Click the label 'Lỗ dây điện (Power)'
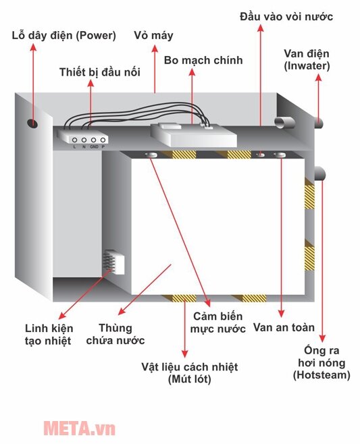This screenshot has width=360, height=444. (x=64, y=35)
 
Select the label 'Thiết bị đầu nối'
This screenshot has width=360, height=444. (x=99, y=72)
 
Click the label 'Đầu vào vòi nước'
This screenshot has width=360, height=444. (x=286, y=16)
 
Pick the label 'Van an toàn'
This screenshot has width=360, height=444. (x=284, y=328)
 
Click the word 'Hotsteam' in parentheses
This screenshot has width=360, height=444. (x=322, y=374)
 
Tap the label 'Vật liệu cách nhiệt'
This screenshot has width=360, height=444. (x=189, y=367)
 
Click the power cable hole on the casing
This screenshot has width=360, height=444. (x=32, y=123)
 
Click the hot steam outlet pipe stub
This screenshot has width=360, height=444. (x=319, y=173)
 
